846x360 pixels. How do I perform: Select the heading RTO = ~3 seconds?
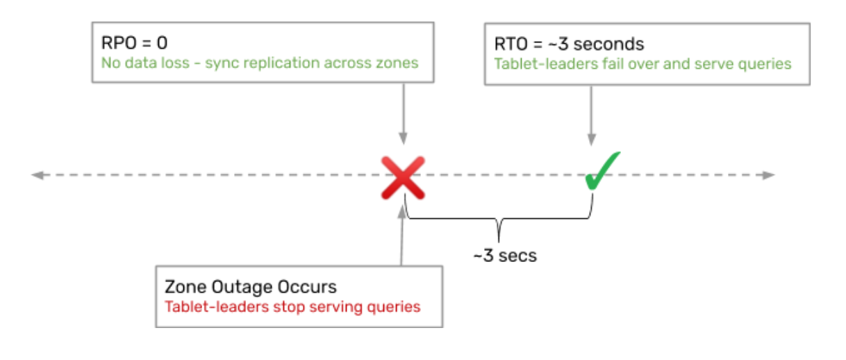pos(569,44)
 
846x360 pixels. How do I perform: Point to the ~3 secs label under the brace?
pos(505,255)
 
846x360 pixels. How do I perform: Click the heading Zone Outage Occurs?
pos(251,286)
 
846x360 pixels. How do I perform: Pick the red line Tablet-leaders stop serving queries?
pos(292,306)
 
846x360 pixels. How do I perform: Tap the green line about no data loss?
pos(260,63)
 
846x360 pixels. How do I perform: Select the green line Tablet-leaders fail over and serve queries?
pos(642,64)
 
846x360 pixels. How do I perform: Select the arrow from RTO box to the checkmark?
pos(591,115)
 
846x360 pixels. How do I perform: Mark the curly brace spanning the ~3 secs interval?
pos(499,222)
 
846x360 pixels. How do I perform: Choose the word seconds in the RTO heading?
pos(610,44)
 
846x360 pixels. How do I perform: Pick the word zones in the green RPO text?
pos(399,63)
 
